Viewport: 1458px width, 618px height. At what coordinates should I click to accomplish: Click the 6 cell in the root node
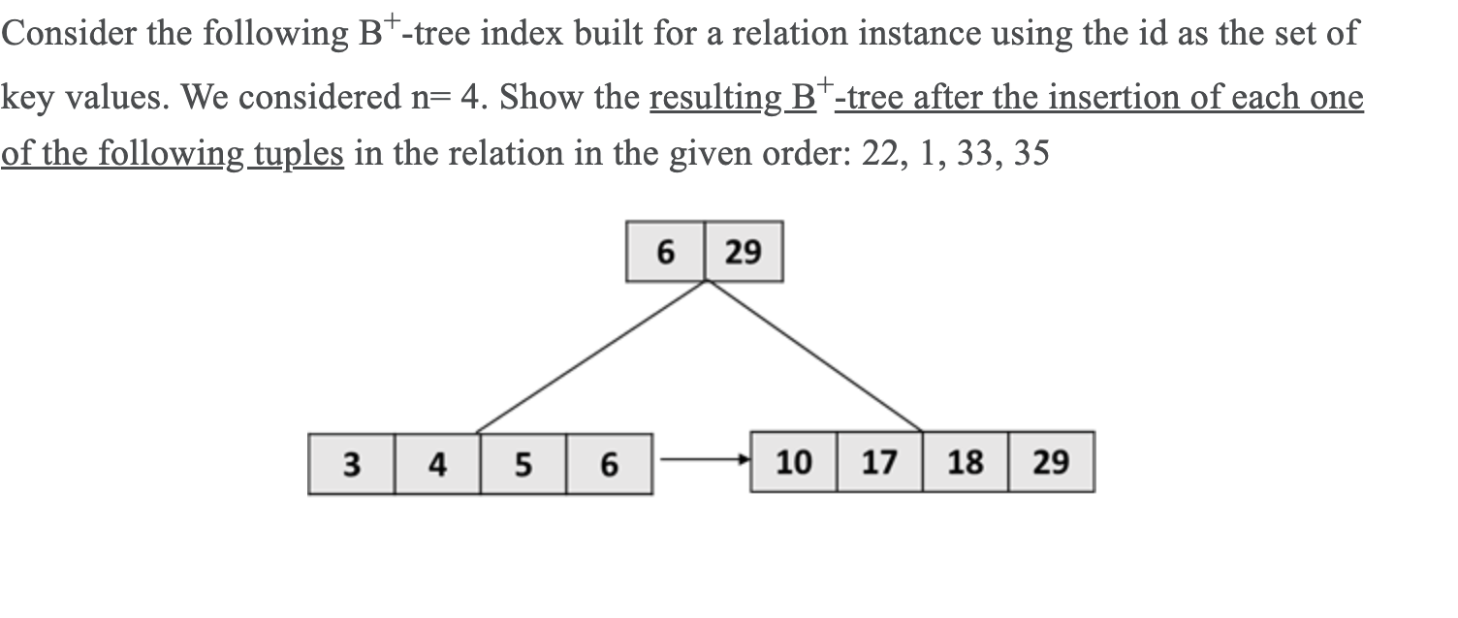pos(665,252)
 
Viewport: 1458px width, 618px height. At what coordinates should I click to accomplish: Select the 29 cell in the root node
pos(744,252)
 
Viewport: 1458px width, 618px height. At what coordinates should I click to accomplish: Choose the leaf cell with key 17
pos(879,462)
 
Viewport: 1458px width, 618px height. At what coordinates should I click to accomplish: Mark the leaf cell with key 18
pos(966,462)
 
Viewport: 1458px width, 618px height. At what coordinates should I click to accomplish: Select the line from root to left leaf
pos(591,356)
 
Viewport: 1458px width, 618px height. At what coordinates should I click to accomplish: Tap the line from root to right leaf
pos(814,356)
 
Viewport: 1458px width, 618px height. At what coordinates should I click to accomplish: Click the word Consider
pos(69,35)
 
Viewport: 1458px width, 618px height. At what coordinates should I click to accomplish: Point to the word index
pos(523,35)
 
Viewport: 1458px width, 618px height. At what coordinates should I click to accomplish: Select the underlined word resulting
pos(715,98)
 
